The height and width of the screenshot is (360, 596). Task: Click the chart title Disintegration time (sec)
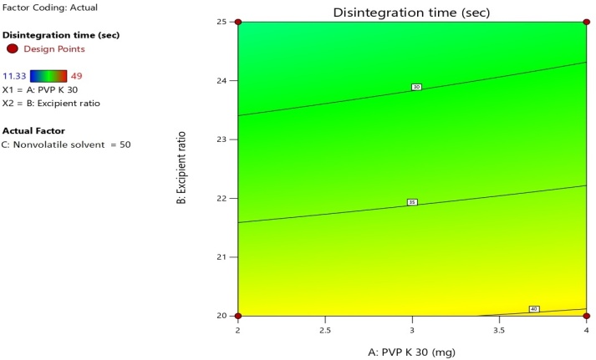411,13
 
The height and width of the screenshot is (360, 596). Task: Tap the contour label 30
416,87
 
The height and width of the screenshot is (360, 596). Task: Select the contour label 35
411,202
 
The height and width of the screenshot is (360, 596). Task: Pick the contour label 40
534,309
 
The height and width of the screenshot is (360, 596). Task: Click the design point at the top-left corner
238,22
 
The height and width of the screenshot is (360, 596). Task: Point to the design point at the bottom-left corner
238,316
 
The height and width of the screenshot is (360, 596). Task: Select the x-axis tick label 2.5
325,330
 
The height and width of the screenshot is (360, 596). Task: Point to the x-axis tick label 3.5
498,330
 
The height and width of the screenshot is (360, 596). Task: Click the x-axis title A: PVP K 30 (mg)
411,352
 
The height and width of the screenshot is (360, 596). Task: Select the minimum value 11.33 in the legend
15,75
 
